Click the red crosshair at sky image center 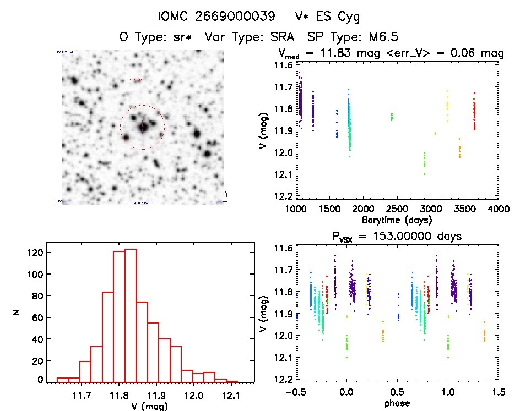(x=143, y=127)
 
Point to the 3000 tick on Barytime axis (x=431, y=210)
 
